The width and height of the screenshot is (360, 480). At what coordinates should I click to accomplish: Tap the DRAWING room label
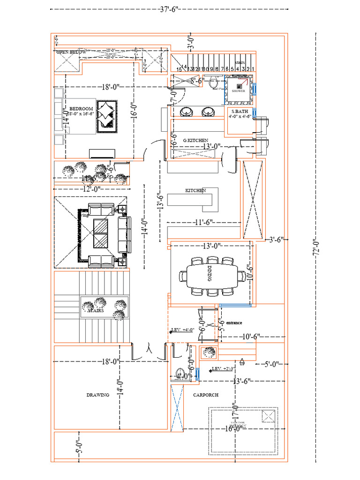(x=97, y=395)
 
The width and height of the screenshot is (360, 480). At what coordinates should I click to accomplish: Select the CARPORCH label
(x=206, y=395)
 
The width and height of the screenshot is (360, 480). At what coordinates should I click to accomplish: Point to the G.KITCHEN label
(x=195, y=140)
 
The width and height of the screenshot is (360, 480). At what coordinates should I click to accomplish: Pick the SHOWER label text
(x=239, y=91)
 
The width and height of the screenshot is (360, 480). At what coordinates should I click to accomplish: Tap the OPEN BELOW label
(x=71, y=52)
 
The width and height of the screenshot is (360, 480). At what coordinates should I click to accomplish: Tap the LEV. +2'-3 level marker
(x=222, y=369)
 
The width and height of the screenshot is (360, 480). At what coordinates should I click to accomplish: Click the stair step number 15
(x=179, y=69)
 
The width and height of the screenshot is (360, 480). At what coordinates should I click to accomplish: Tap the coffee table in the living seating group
(x=101, y=233)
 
